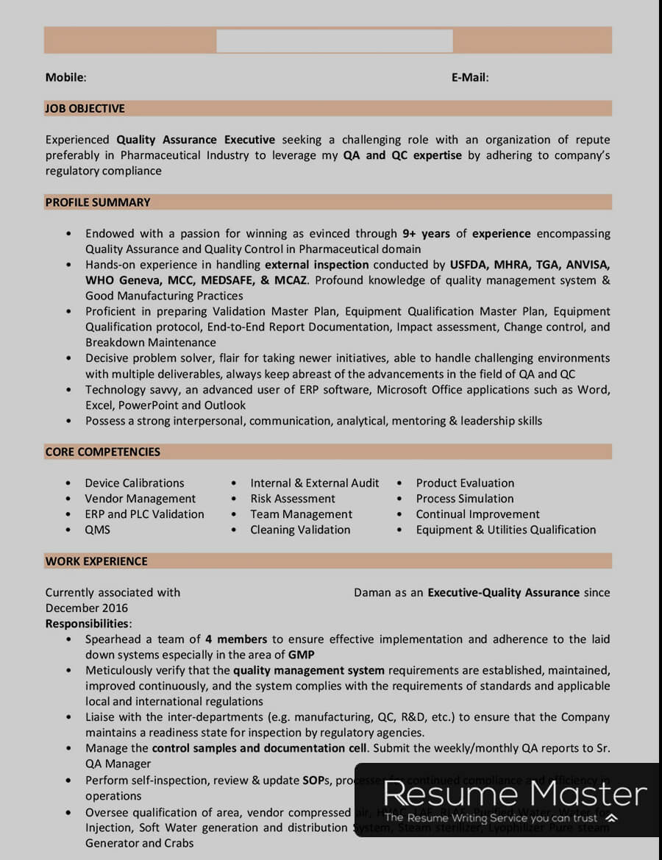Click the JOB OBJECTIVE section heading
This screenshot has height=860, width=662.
[x=85, y=108]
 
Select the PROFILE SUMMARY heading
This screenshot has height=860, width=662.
[x=98, y=202]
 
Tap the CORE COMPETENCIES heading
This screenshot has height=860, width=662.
[x=102, y=452]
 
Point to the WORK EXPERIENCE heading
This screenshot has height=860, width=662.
[x=96, y=561]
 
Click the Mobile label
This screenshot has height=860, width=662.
[x=65, y=77]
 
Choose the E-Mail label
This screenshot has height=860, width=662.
[x=470, y=77]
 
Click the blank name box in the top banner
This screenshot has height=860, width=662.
[x=335, y=41]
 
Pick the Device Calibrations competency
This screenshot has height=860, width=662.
[x=135, y=483]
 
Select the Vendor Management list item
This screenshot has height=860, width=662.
[x=140, y=499]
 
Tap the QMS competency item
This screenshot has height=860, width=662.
[x=97, y=530]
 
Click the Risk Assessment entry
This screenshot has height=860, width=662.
[x=293, y=499]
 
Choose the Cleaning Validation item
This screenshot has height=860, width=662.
[x=300, y=530]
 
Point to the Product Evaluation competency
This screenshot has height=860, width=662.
[x=465, y=483]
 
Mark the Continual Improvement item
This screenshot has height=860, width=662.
[x=477, y=514]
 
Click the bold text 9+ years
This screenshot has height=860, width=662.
[x=426, y=234]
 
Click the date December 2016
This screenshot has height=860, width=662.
[x=87, y=608]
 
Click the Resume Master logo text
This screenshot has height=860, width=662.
[x=515, y=793]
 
